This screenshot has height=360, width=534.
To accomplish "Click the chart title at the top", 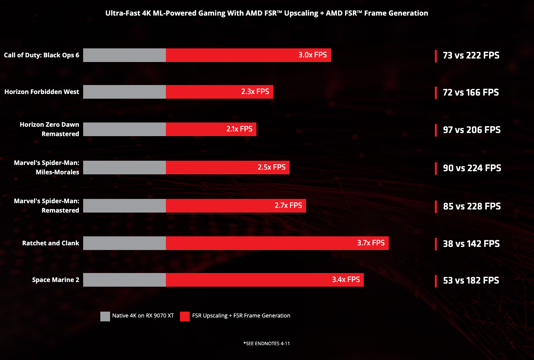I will click(x=267, y=13).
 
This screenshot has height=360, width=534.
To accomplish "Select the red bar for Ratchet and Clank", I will click(x=258, y=243).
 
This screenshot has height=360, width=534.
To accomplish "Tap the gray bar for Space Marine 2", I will click(x=125, y=280).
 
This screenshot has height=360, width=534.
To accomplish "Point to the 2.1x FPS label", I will click(x=239, y=129).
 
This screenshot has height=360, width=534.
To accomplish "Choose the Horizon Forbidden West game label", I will click(x=42, y=92).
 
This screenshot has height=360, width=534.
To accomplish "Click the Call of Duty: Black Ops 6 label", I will click(x=41, y=55).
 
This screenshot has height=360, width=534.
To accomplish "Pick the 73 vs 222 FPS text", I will click(x=471, y=55).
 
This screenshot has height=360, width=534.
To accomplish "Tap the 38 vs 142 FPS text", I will click(x=471, y=244).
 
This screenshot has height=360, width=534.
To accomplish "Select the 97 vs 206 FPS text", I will click(x=472, y=130).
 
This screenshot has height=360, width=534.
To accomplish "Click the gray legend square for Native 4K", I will click(x=105, y=316).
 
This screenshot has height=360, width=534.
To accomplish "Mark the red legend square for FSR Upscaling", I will click(x=185, y=316).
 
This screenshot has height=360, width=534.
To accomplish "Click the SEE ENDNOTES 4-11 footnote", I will click(x=267, y=344).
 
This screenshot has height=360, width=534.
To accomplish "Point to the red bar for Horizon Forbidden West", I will click(x=203, y=92).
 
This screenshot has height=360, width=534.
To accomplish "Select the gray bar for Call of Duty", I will click(x=125, y=55).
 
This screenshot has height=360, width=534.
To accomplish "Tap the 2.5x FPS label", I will click(x=272, y=167).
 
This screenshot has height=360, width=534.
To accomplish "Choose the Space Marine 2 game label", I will click(x=55, y=280).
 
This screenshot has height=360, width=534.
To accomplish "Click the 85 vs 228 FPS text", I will click(x=472, y=206).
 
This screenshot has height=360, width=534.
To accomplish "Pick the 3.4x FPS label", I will click(x=346, y=280).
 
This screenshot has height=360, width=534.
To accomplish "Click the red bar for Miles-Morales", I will click(x=211, y=167).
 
